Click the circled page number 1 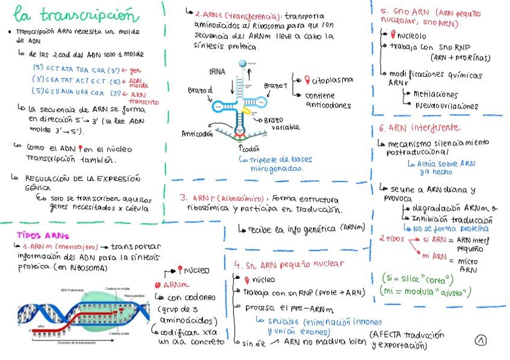point(481,340)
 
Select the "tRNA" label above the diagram point(217,71)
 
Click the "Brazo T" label point(275,86)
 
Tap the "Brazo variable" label point(285,124)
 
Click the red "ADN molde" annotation point(140,82)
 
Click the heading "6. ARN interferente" point(420,128)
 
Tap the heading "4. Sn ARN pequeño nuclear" point(289,264)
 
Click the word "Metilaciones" point(435,94)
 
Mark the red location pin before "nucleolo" point(393,35)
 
